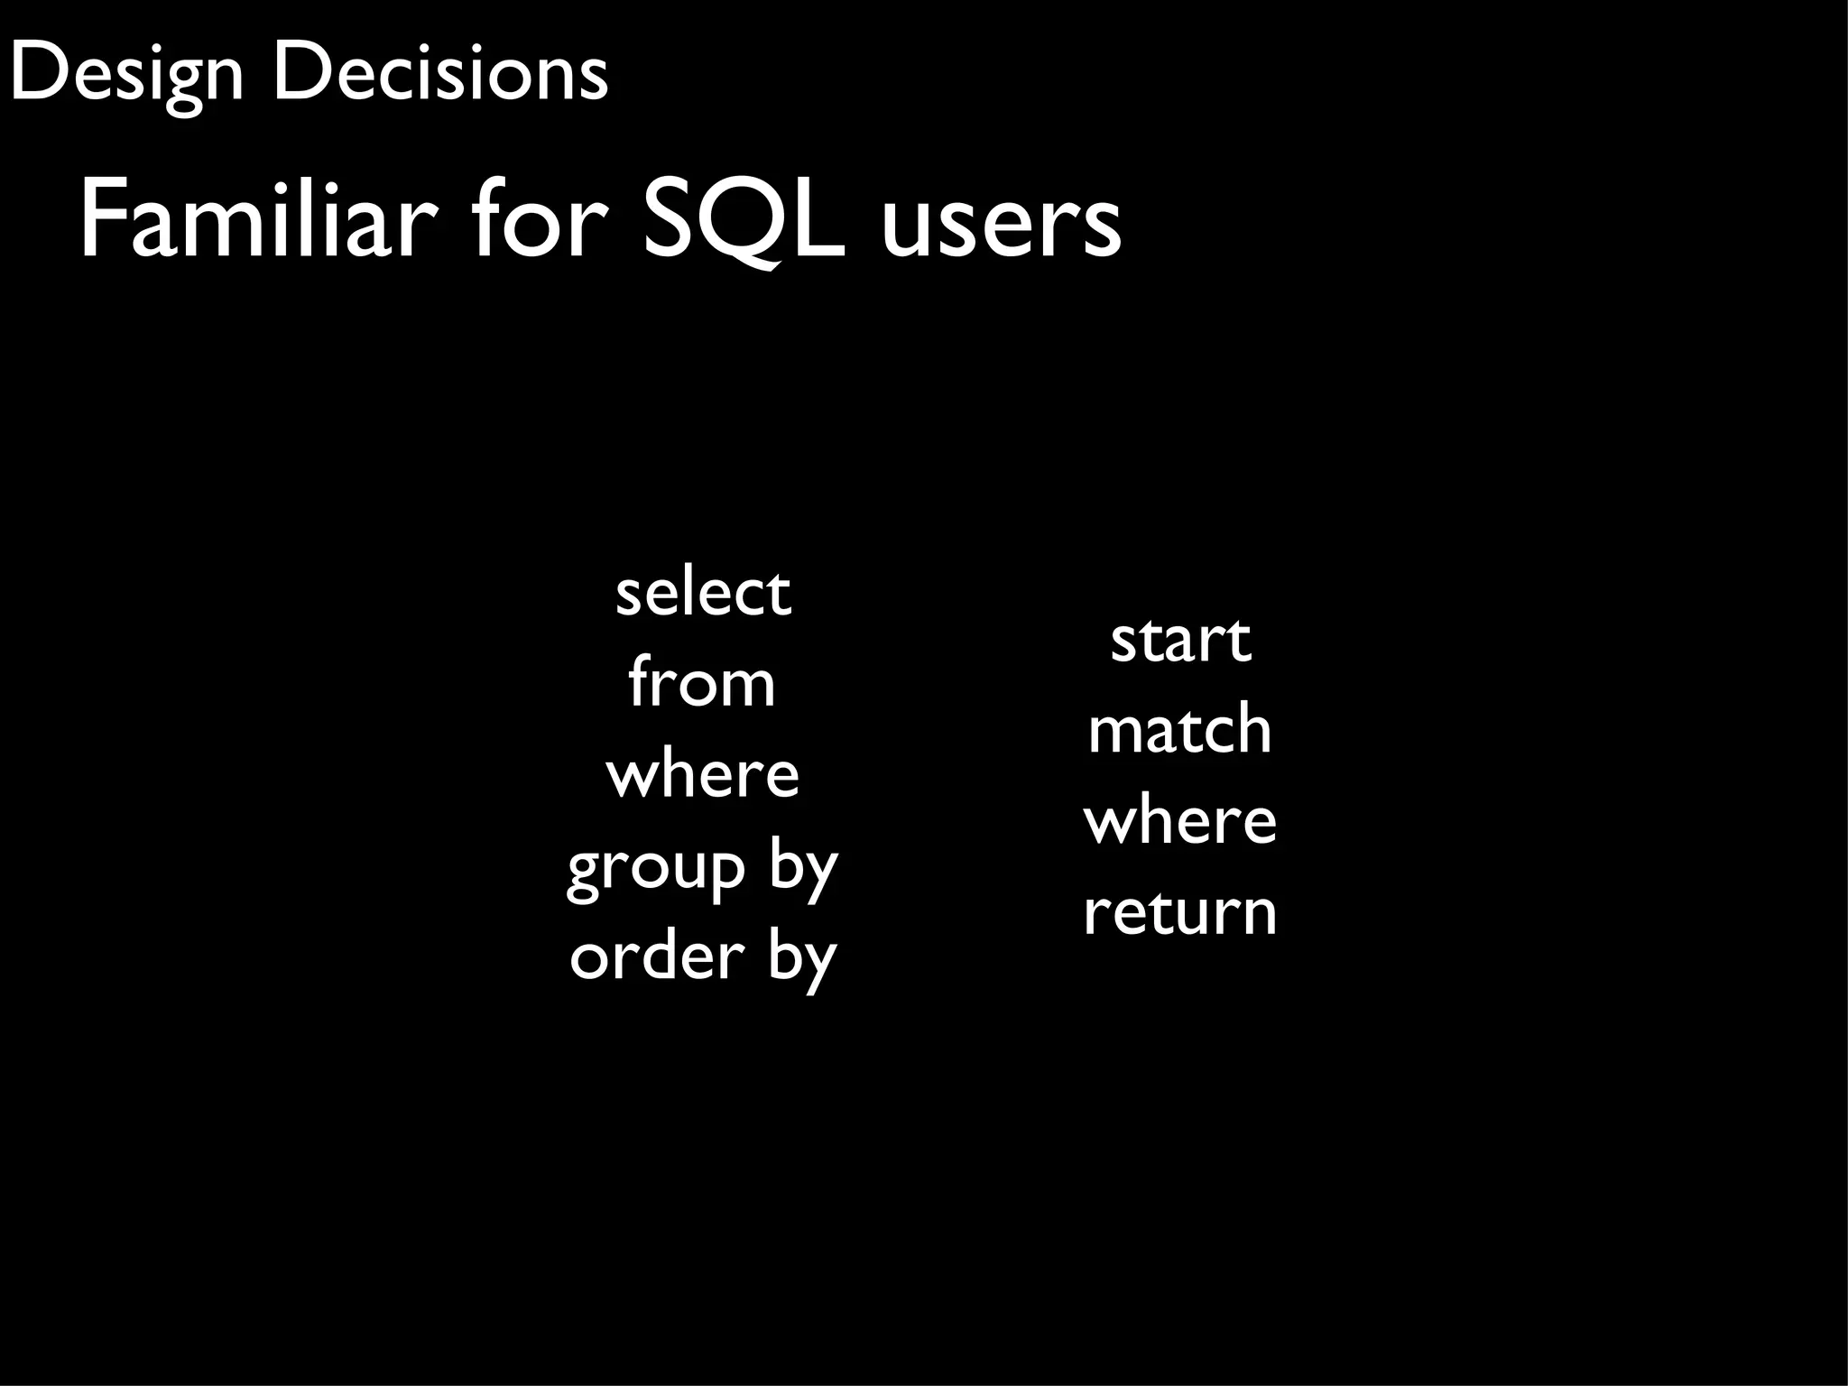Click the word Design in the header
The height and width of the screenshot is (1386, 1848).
tap(126, 74)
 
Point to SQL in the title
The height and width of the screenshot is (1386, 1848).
tap(744, 221)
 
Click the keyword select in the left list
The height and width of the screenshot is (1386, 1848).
tap(703, 593)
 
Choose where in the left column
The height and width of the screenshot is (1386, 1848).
tap(702, 775)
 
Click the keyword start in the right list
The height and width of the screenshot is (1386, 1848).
tap(1180, 641)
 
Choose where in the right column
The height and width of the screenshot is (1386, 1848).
tap(1179, 821)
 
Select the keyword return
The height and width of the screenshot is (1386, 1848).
tap(1179, 912)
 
